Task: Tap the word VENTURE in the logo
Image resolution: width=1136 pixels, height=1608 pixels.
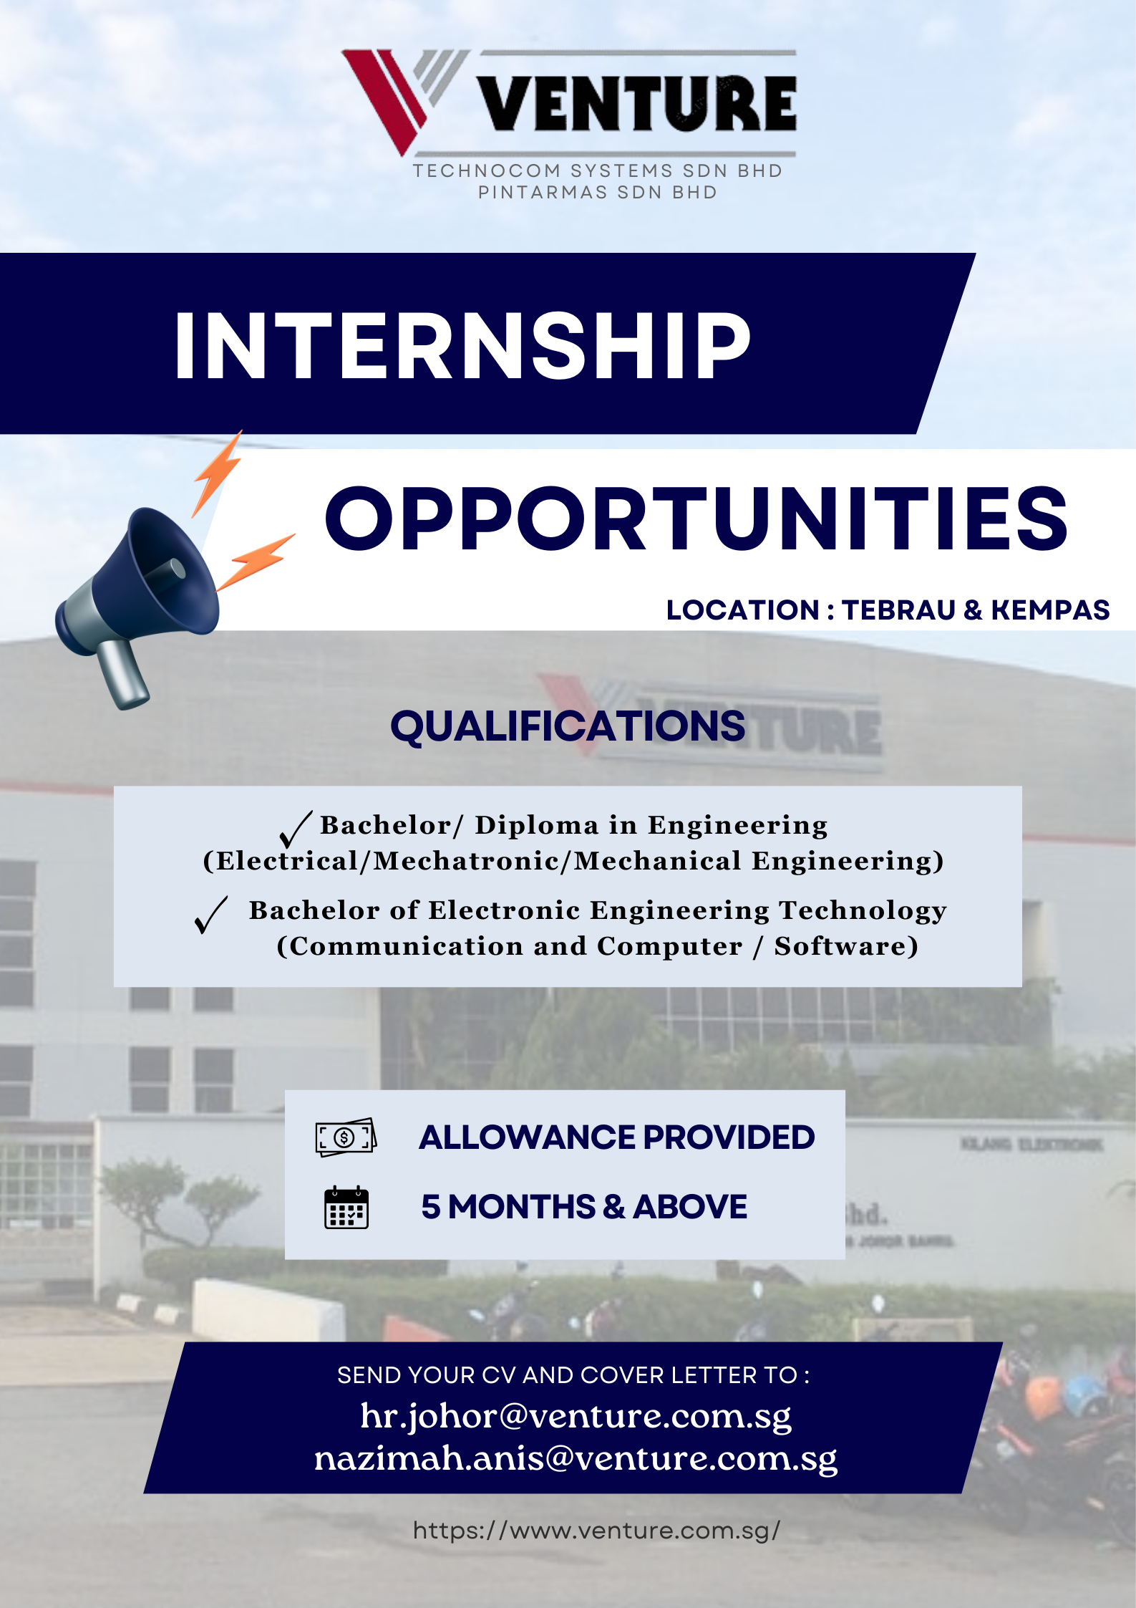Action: tap(637, 104)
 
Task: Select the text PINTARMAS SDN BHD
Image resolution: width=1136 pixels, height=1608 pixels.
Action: tap(598, 193)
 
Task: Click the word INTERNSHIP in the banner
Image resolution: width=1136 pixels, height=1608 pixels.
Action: tap(462, 345)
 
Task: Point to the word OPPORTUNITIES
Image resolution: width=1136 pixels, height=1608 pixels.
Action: tap(696, 518)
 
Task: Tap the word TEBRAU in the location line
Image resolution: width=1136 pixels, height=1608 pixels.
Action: tap(898, 610)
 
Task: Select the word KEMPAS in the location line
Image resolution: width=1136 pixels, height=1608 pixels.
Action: tap(1050, 610)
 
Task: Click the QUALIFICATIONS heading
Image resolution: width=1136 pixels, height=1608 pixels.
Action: tap(568, 726)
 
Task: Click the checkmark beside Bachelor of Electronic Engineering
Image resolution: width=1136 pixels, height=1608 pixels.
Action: tap(210, 915)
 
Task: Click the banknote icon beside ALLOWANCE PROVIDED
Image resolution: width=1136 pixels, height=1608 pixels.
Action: tap(346, 1137)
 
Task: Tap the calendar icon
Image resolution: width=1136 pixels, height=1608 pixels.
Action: tap(346, 1208)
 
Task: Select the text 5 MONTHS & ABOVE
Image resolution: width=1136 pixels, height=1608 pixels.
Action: tap(584, 1207)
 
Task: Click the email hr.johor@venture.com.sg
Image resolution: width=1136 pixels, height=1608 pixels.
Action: tap(576, 1416)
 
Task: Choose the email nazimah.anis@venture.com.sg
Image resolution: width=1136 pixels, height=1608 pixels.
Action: tap(576, 1458)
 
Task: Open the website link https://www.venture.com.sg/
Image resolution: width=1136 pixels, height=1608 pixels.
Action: tap(596, 1531)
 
